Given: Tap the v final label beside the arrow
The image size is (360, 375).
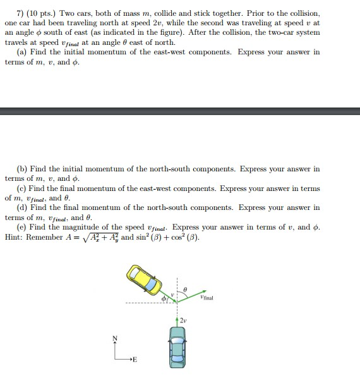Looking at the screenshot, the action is tap(205, 297).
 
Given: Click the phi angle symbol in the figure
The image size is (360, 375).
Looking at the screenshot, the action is tap(163, 298).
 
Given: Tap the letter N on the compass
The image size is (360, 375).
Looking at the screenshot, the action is tap(114, 339).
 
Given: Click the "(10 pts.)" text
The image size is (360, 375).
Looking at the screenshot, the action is tap(41, 14).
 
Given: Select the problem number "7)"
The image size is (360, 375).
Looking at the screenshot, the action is tap(20, 14).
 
